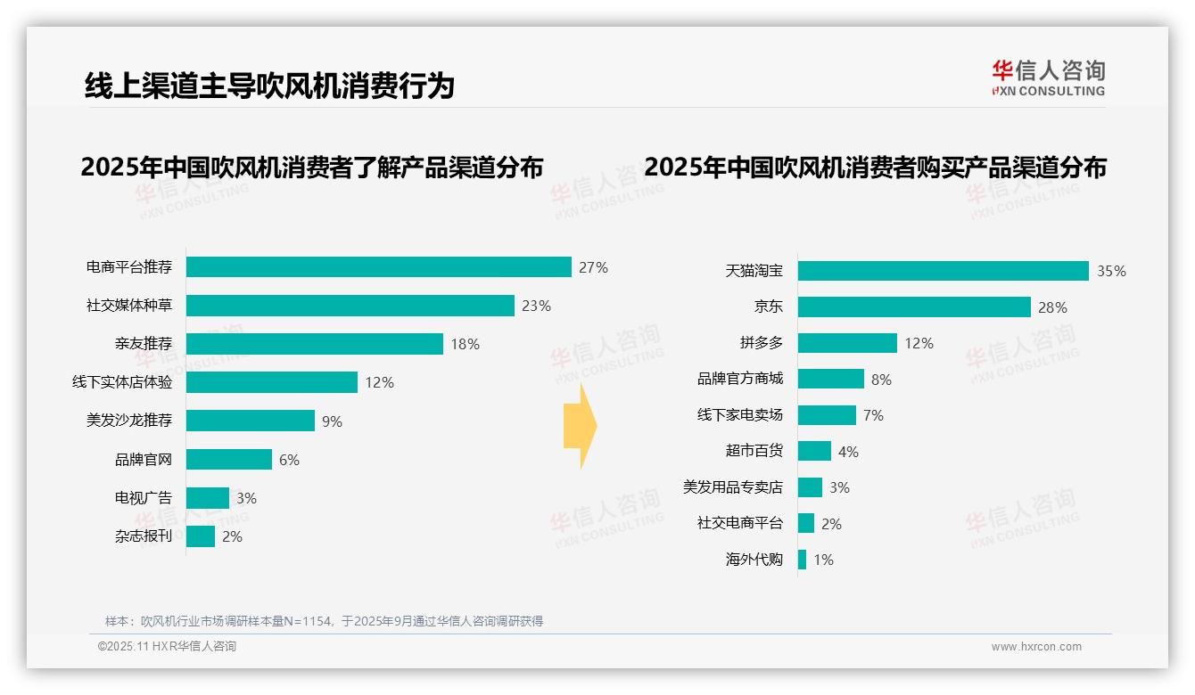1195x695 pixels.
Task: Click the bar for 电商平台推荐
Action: pyautogui.click(x=379, y=267)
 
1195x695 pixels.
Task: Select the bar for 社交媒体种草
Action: pyautogui.click(x=350, y=306)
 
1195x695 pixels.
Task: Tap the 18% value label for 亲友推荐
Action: pyautogui.click(x=466, y=344)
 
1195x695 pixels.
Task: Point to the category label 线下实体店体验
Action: pyautogui.click(x=122, y=382)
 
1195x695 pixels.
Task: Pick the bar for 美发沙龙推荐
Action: pyautogui.click(x=251, y=421)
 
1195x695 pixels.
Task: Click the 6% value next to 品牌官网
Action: pyautogui.click(x=289, y=460)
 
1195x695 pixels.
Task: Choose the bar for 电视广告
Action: pyautogui.click(x=208, y=498)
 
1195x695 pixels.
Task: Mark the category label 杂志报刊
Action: pyautogui.click(x=144, y=536)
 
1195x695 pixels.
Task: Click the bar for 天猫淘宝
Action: pyautogui.click(x=944, y=271)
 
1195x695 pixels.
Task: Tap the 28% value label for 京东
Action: pyautogui.click(x=1052, y=307)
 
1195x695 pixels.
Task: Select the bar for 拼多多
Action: pyautogui.click(x=847, y=343)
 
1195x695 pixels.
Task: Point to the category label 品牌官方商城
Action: pyautogui.click(x=740, y=379)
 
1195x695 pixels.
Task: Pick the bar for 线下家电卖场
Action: pyautogui.click(x=827, y=415)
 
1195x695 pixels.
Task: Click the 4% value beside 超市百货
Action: pyautogui.click(x=848, y=452)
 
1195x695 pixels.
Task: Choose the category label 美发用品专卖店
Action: pyautogui.click(x=733, y=487)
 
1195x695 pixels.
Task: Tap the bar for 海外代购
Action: pyautogui.click(x=803, y=560)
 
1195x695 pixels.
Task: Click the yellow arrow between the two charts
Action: pyautogui.click(x=580, y=426)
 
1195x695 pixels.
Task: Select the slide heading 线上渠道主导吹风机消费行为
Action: pyautogui.click(x=269, y=86)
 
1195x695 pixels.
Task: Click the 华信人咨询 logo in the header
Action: pyautogui.click(x=1049, y=78)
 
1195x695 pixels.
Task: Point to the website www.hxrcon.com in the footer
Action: pyautogui.click(x=1036, y=647)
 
